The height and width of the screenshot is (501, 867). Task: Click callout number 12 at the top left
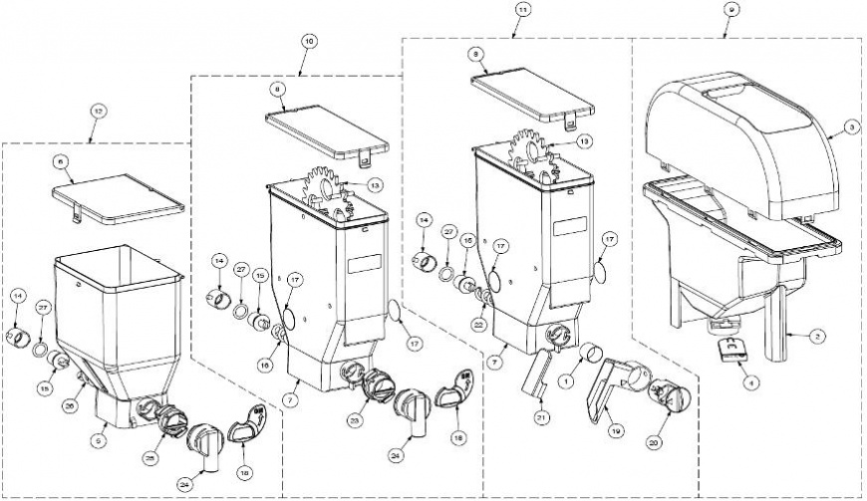[x=97, y=110]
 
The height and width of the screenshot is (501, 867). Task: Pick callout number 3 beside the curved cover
[x=850, y=127]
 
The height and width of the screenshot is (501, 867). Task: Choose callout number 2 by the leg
[x=816, y=338]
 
